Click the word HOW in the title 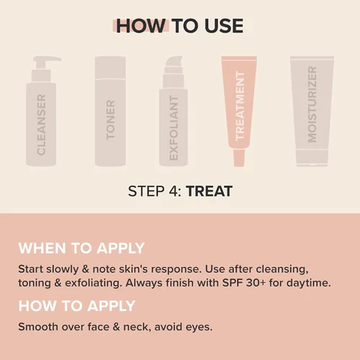coord(140,26)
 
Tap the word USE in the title coord(224,26)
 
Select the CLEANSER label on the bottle coord(41,125)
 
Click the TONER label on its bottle coord(110,120)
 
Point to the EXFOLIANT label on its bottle coord(174,127)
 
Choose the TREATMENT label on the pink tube coord(240,106)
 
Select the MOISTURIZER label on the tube coord(312,104)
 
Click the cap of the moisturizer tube coord(312,157)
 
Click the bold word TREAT coord(209,192)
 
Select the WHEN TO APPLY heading coord(81,248)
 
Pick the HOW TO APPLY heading coord(77,306)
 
